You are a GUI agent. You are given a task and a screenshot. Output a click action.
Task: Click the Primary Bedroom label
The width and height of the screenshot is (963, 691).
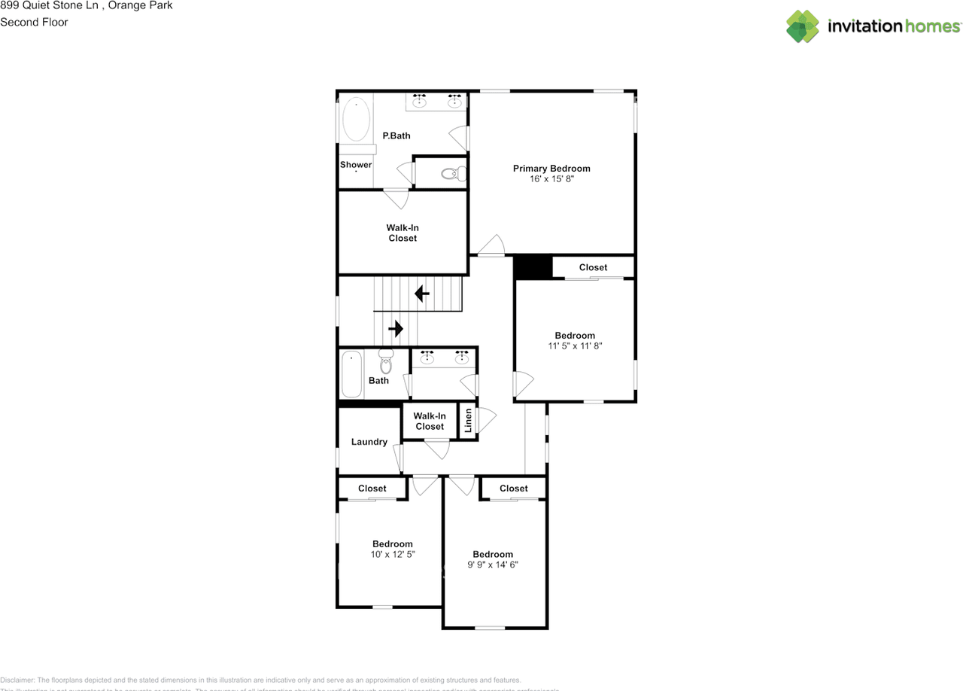[551, 169]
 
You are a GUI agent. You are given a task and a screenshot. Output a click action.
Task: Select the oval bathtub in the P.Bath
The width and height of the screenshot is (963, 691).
[356, 120]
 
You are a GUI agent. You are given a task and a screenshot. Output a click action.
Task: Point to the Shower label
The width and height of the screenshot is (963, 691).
[356, 165]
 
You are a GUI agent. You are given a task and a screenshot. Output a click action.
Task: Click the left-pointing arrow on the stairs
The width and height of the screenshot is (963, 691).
[422, 293]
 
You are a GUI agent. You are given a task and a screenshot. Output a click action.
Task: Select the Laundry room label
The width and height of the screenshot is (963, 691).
[369, 442]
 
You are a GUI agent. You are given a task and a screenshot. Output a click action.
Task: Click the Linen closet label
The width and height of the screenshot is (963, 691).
[468, 422]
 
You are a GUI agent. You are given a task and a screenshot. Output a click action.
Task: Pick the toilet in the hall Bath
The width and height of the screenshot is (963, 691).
[386, 361]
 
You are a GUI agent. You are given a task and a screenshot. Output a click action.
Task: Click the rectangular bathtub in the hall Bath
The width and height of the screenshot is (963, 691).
[351, 374]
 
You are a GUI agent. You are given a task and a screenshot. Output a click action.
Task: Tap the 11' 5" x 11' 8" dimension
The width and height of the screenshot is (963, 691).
[576, 346]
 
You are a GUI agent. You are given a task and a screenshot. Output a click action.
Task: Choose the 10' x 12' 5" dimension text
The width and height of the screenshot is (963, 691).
[392, 554]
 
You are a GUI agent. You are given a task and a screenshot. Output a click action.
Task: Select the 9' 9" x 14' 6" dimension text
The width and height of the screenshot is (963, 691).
[493, 565]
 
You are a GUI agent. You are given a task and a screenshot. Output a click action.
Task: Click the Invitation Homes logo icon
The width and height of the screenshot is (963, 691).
[803, 26]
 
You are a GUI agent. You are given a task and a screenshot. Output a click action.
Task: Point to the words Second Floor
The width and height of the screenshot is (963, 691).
[34, 22]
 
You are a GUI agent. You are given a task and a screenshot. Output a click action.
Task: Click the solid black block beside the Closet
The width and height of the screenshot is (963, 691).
[533, 267]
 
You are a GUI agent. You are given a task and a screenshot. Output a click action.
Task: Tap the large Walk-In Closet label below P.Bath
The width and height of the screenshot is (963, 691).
[402, 233]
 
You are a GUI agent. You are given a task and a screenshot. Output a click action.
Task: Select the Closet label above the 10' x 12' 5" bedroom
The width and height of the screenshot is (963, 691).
[372, 489]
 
